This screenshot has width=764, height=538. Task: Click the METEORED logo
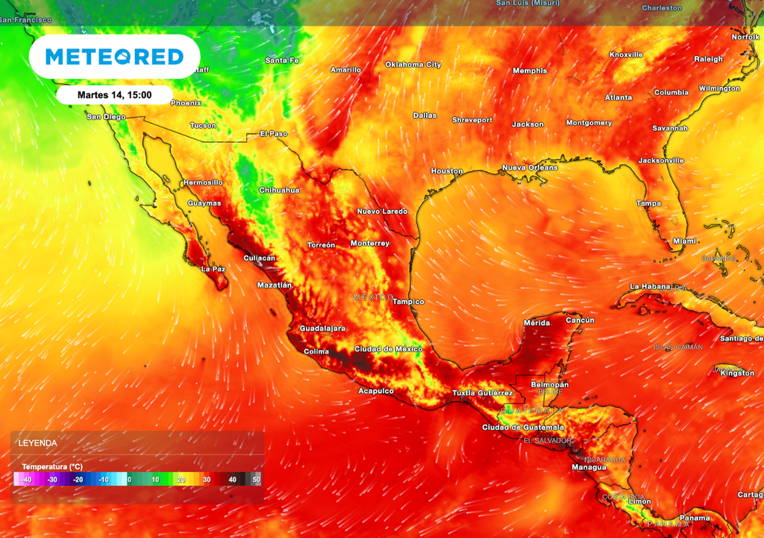[x=114, y=57]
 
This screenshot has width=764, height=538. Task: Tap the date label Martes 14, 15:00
[x=114, y=95]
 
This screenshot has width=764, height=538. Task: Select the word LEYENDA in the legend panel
[x=39, y=443]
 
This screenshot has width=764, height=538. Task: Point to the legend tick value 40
[x=233, y=479]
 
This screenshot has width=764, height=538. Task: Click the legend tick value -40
[x=26, y=479]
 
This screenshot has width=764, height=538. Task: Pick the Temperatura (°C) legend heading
[x=52, y=466]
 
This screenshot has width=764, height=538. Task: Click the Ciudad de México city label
[x=388, y=349]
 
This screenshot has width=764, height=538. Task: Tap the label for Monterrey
[x=370, y=244]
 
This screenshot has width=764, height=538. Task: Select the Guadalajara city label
[x=322, y=328]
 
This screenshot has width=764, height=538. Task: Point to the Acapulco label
[x=376, y=391]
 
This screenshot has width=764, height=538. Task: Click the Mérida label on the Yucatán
[x=537, y=323]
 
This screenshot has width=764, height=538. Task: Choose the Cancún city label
[x=580, y=320]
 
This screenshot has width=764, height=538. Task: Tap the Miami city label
[x=684, y=241]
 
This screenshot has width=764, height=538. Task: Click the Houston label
[x=447, y=171]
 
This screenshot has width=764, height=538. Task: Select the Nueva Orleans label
[x=529, y=167]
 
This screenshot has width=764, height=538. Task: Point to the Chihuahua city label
[x=279, y=190]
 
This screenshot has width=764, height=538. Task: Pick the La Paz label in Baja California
[x=213, y=268]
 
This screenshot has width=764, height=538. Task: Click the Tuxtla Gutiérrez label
[x=483, y=393]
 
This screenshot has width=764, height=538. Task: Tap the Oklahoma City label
[x=413, y=64]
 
